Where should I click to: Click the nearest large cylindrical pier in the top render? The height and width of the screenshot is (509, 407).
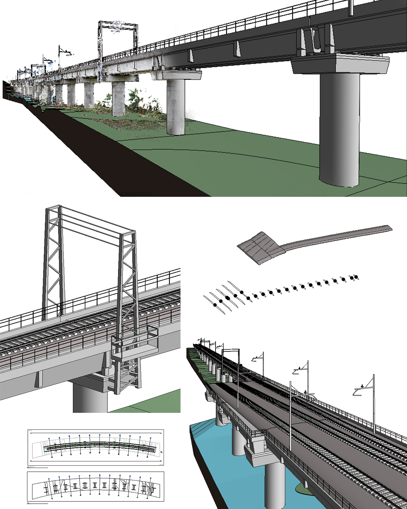(339, 128)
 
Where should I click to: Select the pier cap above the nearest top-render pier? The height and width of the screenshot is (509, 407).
(339, 64)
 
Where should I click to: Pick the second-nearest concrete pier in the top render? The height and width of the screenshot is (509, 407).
(176, 106)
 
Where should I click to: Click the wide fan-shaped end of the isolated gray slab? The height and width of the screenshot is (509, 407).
(260, 247)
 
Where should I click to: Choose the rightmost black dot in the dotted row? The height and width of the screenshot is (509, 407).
(353, 278)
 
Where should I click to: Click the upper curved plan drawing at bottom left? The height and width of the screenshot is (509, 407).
(96, 447)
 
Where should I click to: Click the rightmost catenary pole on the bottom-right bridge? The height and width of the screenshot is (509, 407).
(373, 403)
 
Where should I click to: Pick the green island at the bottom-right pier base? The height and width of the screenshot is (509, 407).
(303, 489)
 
